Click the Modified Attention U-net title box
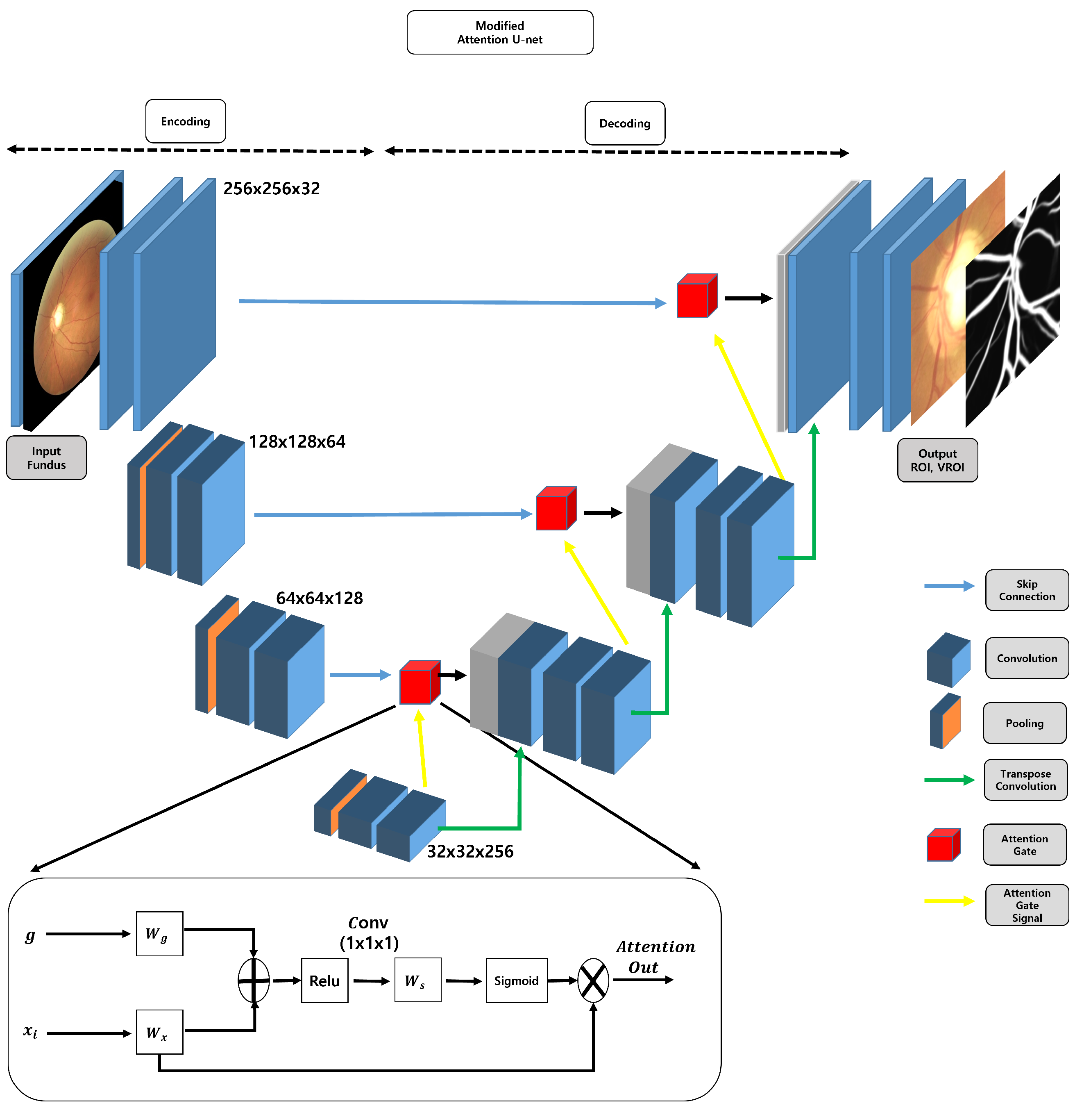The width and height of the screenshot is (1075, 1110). tap(499, 32)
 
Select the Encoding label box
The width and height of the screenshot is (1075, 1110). tap(185, 121)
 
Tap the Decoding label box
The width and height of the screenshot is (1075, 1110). tap(624, 123)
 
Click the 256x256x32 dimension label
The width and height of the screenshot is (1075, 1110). tap(271, 188)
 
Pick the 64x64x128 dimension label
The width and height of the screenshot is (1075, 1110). tap(319, 598)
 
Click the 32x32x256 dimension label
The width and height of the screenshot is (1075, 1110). tap(470, 851)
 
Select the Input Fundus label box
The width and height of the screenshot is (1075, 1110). tap(46, 457)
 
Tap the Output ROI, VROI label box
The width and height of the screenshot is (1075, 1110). tap(937, 460)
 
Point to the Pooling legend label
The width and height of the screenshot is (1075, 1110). tap(1024, 723)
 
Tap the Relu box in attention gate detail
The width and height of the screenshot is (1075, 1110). tap(324, 980)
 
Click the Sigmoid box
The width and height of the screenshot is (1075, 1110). tap(516, 980)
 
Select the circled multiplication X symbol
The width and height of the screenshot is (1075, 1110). tap(593, 980)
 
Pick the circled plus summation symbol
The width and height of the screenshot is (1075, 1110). tap(254, 980)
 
